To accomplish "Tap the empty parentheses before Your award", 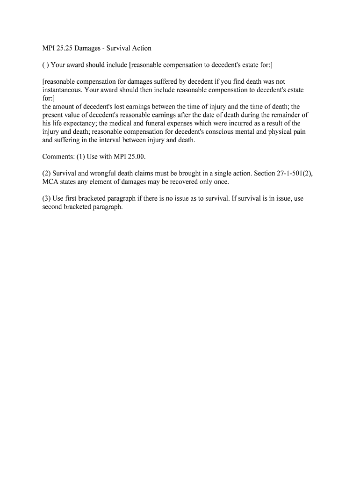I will (45, 65).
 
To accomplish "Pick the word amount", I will (65, 107).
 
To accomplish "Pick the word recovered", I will (183, 181).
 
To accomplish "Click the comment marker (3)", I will (46, 198).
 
